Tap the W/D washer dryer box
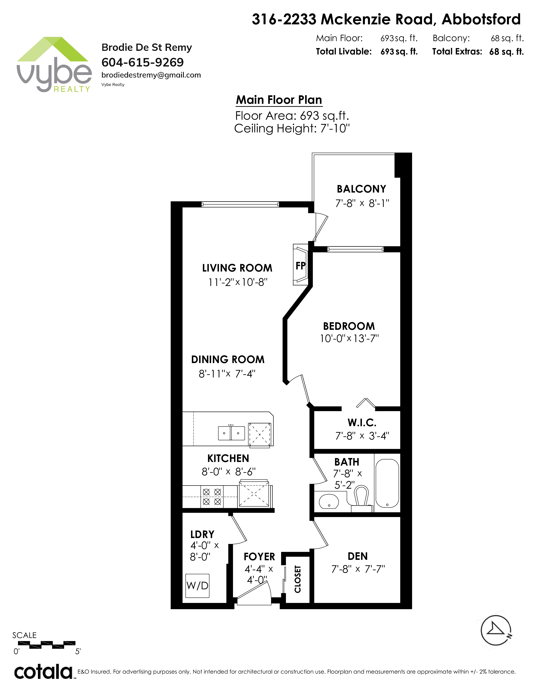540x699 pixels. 197,586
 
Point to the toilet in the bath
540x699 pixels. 361,499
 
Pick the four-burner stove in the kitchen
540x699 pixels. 212,497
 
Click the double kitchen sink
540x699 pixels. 231,433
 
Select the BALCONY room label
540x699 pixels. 361,189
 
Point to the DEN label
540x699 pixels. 358,556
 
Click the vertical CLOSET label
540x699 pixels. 298,579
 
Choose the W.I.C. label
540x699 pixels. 362,423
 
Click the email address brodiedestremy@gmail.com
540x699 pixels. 151,75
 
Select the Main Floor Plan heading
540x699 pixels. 279,100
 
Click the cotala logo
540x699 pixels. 43,672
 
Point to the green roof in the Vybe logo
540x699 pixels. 53,49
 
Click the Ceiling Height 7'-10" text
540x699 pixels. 292,128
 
